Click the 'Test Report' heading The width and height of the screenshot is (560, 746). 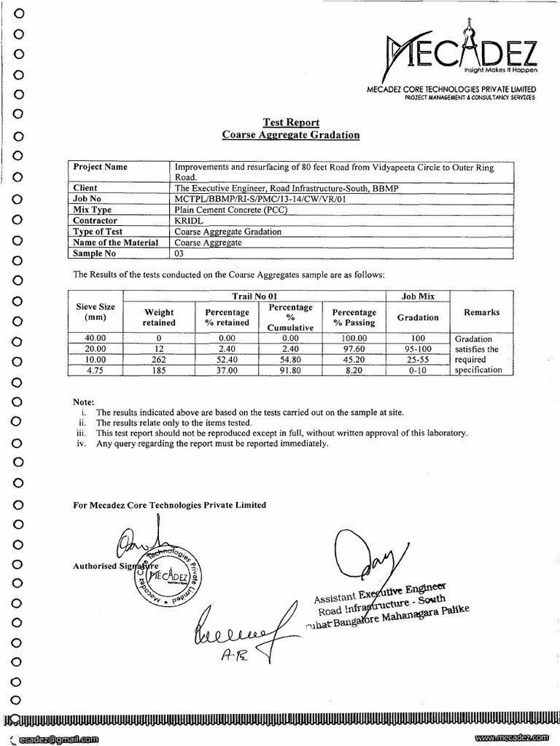pyautogui.click(x=290, y=122)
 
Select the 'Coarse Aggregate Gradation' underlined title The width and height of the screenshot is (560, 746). pyautogui.click(x=290, y=135)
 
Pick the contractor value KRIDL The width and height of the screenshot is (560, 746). pyautogui.click(x=188, y=219)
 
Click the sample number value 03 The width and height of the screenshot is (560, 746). pyautogui.click(x=180, y=254)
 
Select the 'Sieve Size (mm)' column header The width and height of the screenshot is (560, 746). pyautogui.click(x=95, y=312)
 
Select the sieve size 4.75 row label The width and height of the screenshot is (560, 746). pyautogui.click(x=95, y=370)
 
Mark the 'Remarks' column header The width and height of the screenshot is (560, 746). pyautogui.click(x=481, y=312)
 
